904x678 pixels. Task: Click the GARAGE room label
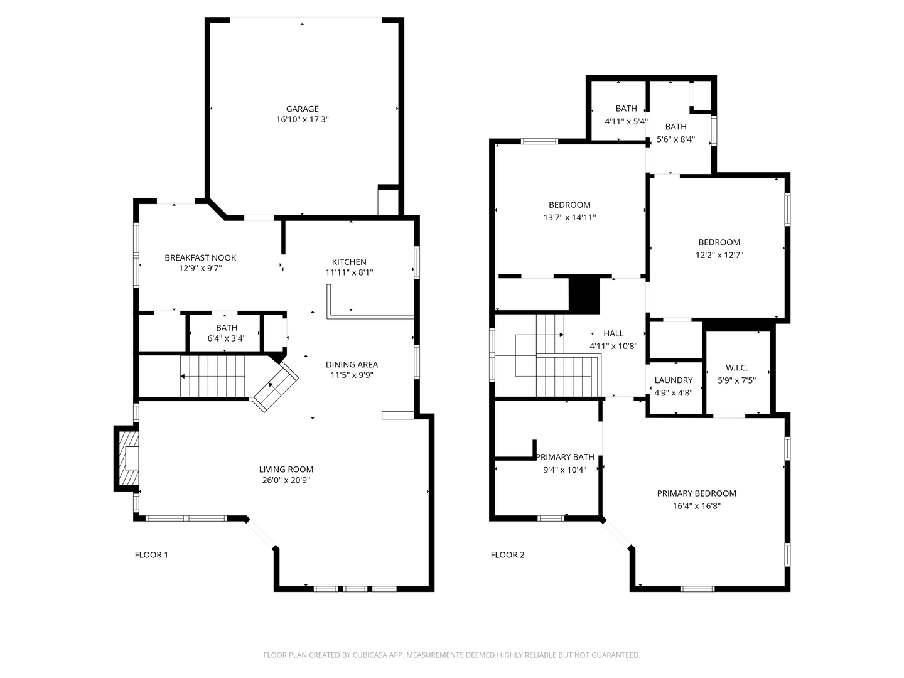click(x=303, y=109)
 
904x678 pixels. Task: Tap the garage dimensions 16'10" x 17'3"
click(x=303, y=120)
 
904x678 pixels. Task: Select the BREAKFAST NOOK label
click(x=200, y=257)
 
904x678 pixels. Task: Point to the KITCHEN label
click(x=349, y=262)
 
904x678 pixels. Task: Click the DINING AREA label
click(x=352, y=364)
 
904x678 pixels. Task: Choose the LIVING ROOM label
click(x=286, y=470)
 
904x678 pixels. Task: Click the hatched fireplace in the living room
click(x=129, y=458)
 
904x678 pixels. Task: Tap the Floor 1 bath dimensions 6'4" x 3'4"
click(x=227, y=338)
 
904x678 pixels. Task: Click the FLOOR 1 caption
click(x=151, y=555)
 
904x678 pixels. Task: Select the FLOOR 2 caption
click(x=507, y=555)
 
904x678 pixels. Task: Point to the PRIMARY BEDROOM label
click(x=696, y=493)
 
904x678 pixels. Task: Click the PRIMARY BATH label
click(x=565, y=457)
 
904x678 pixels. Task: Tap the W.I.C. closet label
click(x=737, y=368)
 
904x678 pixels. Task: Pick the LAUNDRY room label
click(x=674, y=380)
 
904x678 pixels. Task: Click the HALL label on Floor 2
click(x=613, y=333)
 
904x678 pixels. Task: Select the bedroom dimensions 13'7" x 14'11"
click(x=569, y=217)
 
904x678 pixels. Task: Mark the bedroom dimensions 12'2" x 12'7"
click(x=719, y=255)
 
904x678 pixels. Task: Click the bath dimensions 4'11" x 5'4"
click(x=626, y=121)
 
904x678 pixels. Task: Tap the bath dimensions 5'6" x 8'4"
click(x=676, y=139)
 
